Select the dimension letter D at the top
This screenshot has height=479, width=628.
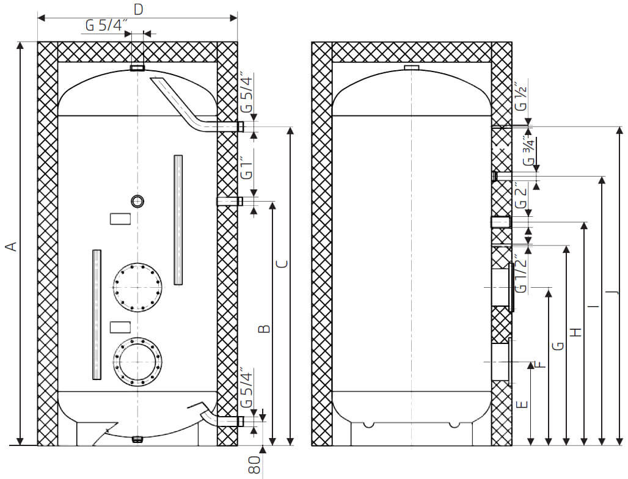138,9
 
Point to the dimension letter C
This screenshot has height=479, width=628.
281,264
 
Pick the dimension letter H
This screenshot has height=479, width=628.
575,332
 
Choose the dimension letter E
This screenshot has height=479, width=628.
521,404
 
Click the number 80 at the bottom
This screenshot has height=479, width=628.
255,466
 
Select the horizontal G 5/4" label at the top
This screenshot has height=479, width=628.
106,26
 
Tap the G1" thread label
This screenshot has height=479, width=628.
246,167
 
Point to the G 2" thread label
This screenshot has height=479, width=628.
520,196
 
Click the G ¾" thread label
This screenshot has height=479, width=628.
529,152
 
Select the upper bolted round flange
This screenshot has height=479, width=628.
137,287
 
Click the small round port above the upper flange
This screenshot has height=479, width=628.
137,201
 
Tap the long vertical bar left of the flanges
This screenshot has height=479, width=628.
96,315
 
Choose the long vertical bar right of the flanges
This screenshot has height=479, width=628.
178,220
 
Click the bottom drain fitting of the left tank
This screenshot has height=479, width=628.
137,438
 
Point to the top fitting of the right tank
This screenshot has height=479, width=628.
412,67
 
